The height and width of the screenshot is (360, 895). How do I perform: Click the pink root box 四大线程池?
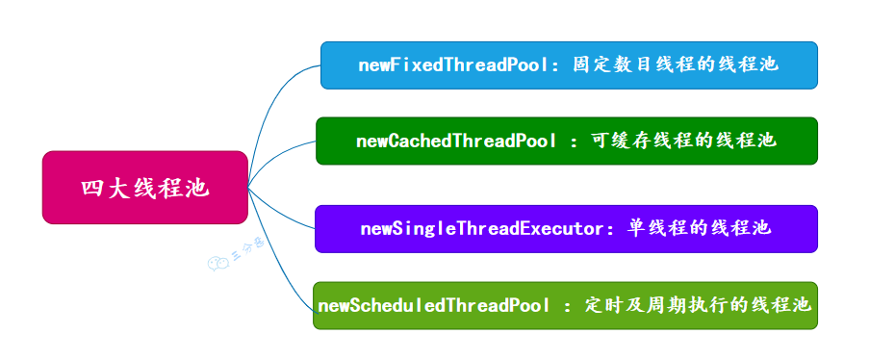point(145,187)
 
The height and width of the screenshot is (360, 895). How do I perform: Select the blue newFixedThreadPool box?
point(569,65)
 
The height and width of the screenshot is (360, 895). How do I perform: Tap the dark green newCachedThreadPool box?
point(567,141)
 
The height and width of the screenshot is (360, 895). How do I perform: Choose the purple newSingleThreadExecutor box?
point(566,229)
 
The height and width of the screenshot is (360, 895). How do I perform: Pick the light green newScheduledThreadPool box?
point(565,305)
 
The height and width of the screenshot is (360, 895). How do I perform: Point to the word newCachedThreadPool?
point(456,141)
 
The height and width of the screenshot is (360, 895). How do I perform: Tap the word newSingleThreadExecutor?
point(485,229)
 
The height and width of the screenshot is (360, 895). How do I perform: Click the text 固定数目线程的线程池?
point(676,64)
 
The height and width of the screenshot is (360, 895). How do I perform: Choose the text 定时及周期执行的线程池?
point(698,305)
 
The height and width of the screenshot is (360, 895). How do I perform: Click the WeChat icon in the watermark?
point(217,263)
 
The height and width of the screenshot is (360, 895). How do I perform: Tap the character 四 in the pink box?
point(90,188)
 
